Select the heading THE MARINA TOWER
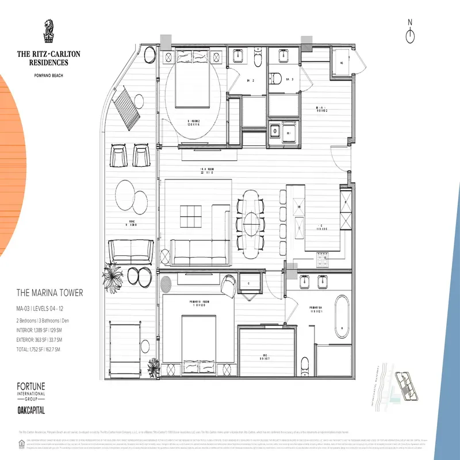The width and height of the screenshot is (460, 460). coord(49,293)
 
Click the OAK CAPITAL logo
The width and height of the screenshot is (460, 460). coord(30,411)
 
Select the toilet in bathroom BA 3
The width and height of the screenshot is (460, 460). coord(277,79)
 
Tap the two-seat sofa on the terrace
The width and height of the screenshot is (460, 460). coord(131,250)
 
